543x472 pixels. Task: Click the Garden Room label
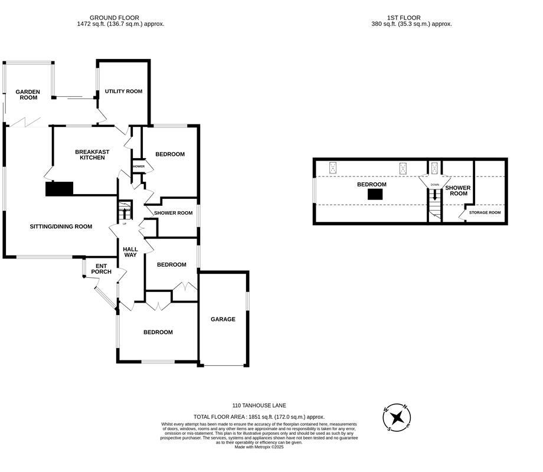[28, 94]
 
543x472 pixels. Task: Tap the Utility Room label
[123, 91]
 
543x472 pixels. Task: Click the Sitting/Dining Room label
[61, 227]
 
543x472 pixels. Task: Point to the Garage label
[223, 319]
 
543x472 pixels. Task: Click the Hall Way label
[130, 252]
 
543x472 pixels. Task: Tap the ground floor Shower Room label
[174, 213]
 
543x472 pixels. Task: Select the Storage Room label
[485, 212]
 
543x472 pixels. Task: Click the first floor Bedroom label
[372, 185]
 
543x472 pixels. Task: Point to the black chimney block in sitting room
[59, 188]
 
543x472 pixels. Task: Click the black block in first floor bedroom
[375, 194]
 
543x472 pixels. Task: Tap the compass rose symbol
[397, 418]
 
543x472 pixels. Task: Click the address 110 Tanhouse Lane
[259, 406]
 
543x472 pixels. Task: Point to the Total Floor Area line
[259, 417]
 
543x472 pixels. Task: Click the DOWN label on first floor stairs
[434, 185]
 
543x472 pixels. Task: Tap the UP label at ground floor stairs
[124, 223]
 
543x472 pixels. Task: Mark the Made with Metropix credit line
[259, 447]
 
